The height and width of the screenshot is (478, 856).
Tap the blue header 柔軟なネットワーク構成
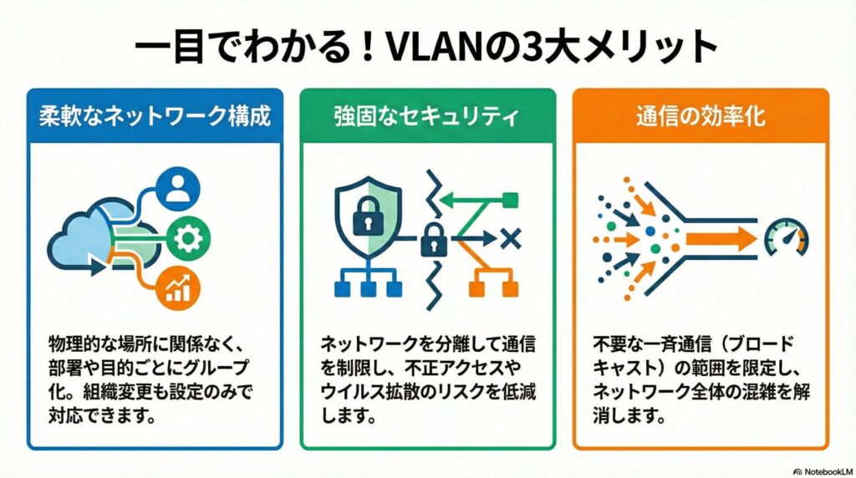click(x=155, y=116)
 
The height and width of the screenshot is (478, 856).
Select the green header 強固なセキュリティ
click(x=427, y=116)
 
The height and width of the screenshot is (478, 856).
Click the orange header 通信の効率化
click(x=701, y=116)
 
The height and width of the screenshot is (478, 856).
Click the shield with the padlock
click(x=369, y=218)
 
